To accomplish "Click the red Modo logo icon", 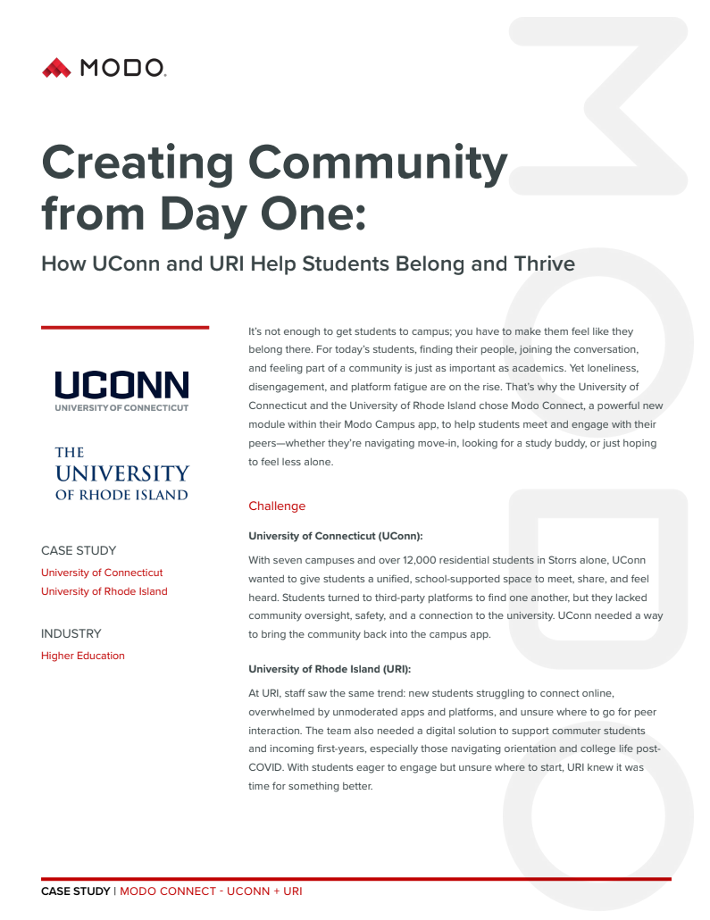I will point(55,67).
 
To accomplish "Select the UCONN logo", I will point(121,391).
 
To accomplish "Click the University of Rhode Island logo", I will point(121,473).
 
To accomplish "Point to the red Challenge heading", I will point(277,506).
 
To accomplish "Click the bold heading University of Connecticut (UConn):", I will point(335,536).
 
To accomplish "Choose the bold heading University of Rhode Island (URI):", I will point(330,668).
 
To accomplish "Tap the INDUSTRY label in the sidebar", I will point(71,633).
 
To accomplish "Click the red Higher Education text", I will point(83,656).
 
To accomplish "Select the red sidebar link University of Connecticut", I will point(102,573).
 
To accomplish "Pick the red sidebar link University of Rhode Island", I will point(104,591).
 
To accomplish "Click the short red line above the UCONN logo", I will point(125,328).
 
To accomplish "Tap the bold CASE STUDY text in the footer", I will point(75,891).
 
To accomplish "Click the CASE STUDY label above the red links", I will point(79,550).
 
